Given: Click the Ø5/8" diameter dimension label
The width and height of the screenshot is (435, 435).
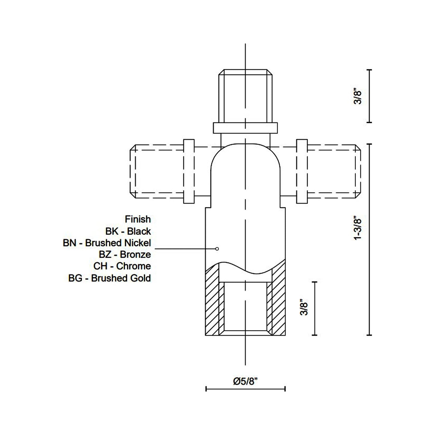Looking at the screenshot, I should [x=245, y=381].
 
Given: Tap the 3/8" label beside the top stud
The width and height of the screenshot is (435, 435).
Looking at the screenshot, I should [x=357, y=96].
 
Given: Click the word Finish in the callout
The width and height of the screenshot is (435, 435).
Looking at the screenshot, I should [x=138, y=219].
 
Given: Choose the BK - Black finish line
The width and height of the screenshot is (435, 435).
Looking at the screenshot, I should [x=128, y=231].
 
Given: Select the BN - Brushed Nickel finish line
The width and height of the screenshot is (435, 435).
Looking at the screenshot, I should [x=107, y=243].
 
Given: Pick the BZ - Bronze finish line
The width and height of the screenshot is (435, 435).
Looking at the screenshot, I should [x=125, y=255].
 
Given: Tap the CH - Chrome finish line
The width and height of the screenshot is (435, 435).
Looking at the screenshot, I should [x=122, y=266].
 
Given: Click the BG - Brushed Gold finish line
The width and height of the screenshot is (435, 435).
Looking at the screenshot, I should [x=110, y=278].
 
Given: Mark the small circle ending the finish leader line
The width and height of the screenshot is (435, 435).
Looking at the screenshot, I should [x=217, y=249].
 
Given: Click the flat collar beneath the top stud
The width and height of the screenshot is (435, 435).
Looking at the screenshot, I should [x=245, y=128].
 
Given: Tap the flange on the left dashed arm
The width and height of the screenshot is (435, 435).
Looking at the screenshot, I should [x=189, y=171].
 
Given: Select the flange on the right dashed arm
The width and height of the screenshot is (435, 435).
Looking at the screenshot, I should [x=302, y=171].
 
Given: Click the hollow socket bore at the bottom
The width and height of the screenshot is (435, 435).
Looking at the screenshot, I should [x=245, y=307].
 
